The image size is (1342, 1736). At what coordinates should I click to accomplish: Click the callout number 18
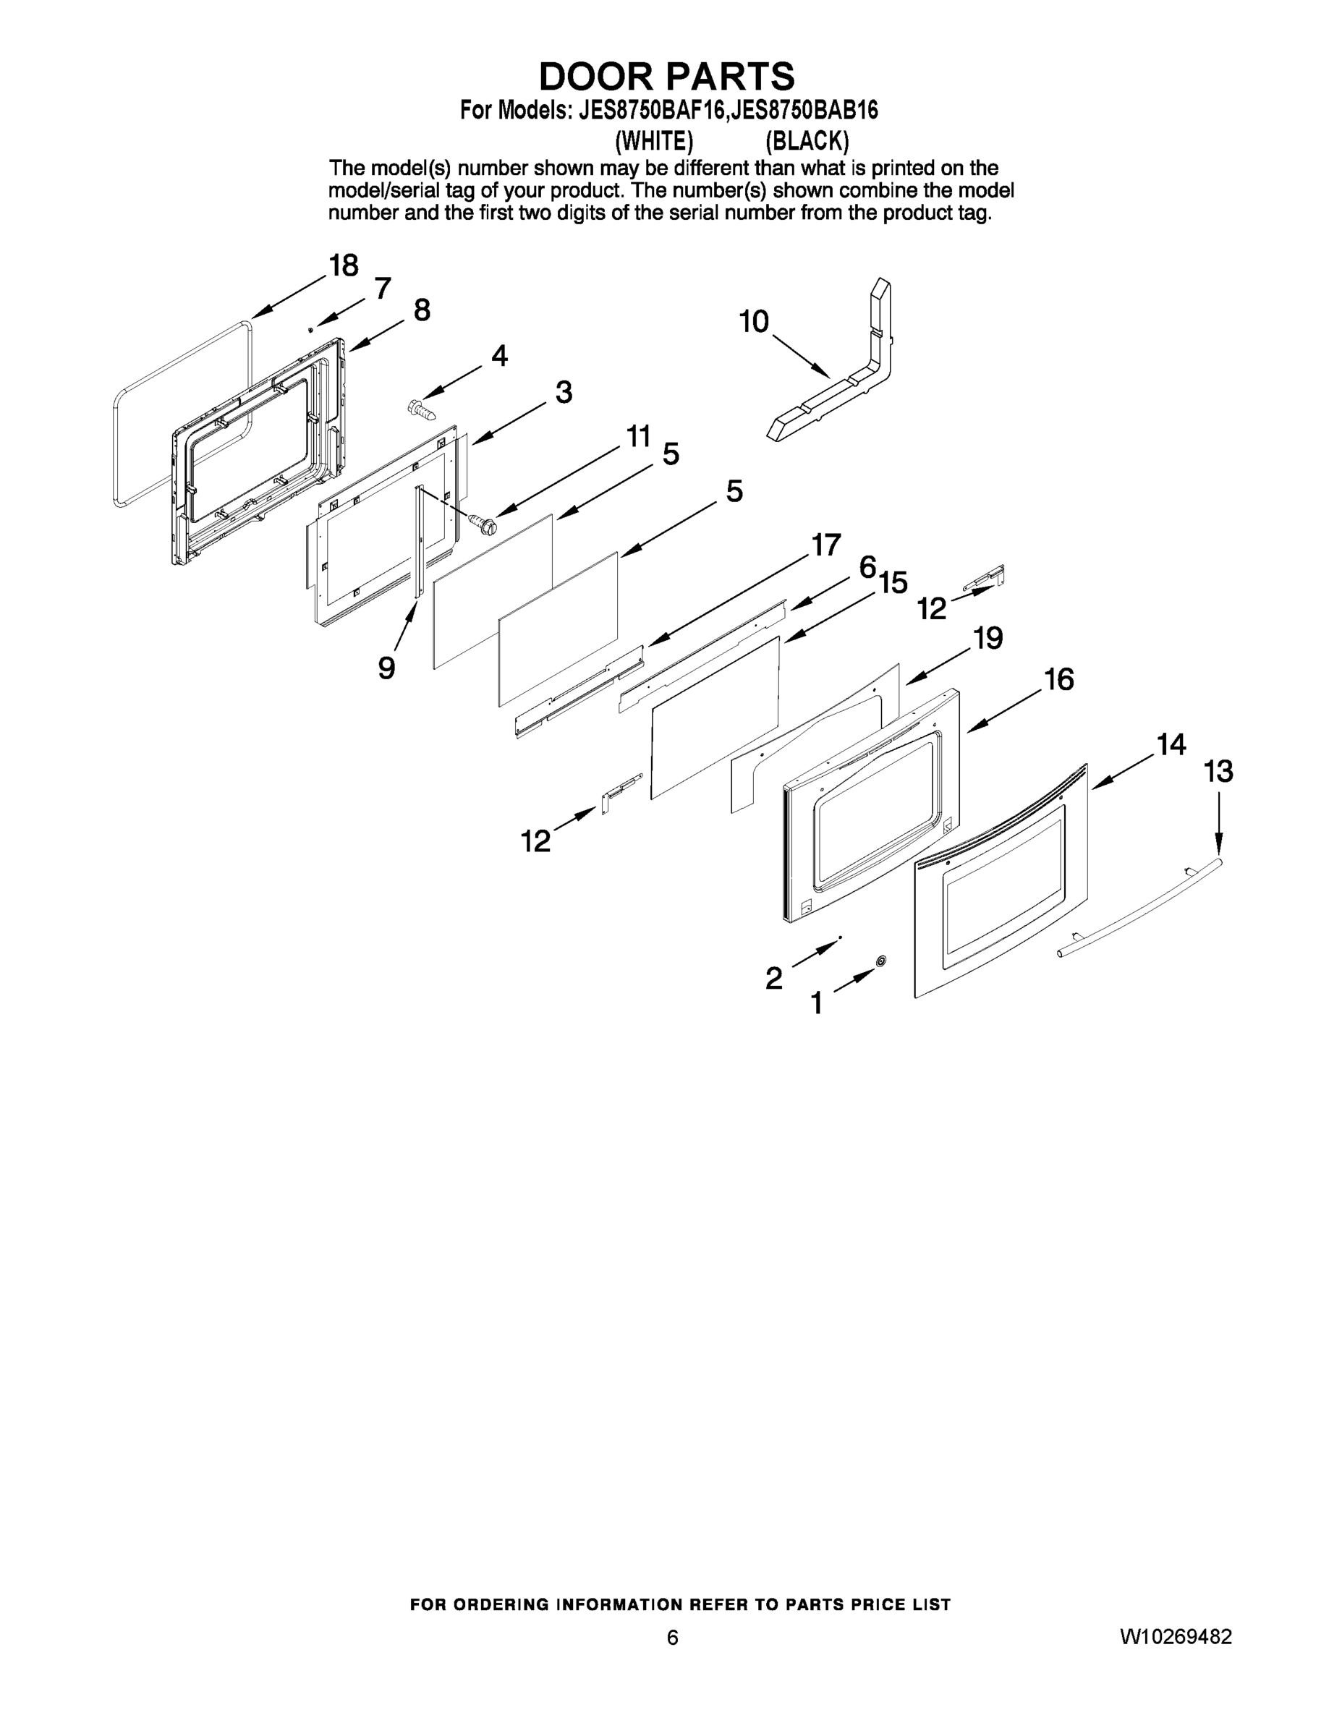[344, 265]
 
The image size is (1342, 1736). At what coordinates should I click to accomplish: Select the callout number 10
[754, 322]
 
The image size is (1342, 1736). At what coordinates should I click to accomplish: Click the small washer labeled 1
[881, 962]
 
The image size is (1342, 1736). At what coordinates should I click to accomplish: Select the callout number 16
[1059, 680]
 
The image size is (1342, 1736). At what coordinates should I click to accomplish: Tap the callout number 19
[988, 638]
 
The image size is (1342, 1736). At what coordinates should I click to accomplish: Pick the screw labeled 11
[483, 524]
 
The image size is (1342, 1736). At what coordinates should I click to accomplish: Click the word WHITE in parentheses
[654, 142]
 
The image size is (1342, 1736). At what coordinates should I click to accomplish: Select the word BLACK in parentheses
[807, 142]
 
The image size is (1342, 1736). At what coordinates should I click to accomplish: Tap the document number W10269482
[1176, 1638]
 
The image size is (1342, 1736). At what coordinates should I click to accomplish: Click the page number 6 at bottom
[672, 1638]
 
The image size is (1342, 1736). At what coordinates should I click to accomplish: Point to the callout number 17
[826, 545]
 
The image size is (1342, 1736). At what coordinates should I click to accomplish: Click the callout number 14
[1171, 745]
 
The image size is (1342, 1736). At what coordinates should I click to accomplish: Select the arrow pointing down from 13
[1219, 822]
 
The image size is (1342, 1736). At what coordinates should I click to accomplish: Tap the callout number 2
[773, 979]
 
